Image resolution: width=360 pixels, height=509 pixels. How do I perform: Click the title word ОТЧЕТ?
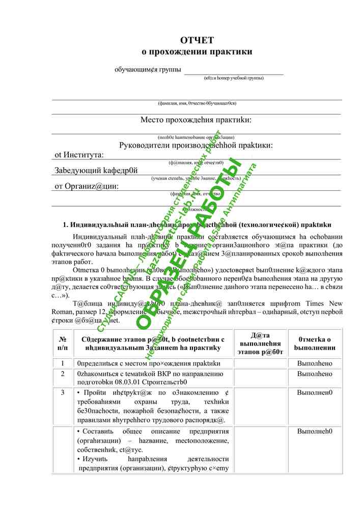pos(197,40)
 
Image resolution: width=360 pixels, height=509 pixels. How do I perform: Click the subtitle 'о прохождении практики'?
pos(197,51)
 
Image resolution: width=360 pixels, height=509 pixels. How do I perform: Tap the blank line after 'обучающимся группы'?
pos(233,71)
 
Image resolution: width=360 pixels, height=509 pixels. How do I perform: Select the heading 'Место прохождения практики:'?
pos(196,120)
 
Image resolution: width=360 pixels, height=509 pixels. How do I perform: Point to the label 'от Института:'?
pos(79,155)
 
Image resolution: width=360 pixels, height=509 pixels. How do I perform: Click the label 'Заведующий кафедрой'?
pos(96,171)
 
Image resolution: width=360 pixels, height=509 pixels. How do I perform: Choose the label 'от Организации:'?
pos(87,186)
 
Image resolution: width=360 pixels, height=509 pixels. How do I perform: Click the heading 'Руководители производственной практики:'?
pos(196,146)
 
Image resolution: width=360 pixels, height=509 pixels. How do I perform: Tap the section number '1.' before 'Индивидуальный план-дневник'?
pos(66,224)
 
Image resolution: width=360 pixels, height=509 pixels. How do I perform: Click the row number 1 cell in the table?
pos(63,363)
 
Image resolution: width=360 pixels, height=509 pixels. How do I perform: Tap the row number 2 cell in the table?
pos(63,374)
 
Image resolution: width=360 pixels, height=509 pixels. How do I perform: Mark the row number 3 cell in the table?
pos(63,392)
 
